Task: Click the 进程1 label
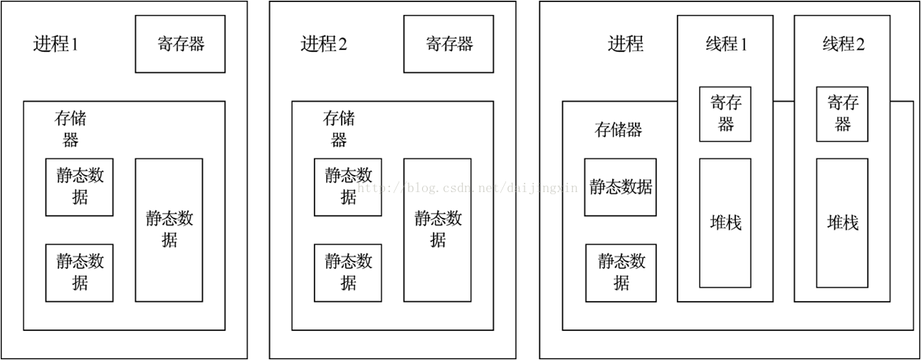[x=56, y=44]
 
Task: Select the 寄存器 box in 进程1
[x=180, y=44]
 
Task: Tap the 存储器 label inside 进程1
[x=70, y=129]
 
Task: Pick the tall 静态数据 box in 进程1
[x=169, y=229]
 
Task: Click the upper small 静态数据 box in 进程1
[x=80, y=186]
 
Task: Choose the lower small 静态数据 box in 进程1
[x=80, y=272]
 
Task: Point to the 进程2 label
[x=324, y=44]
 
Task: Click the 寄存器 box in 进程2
[x=448, y=44]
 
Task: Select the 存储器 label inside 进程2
[x=339, y=129]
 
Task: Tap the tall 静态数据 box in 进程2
[x=437, y=229]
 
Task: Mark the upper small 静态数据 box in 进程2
[x=348, y=186]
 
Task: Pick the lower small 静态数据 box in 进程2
[x=348, y=272]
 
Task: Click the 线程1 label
[x=725, y=44]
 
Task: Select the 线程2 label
[x=843, y=44]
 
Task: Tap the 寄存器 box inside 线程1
[x=725, y=114]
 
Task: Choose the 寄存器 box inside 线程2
[x=842, y=114]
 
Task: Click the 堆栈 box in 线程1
[x=725, y=223]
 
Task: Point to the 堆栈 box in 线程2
[x=842, y=223]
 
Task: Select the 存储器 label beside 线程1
[x=619, y=129]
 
